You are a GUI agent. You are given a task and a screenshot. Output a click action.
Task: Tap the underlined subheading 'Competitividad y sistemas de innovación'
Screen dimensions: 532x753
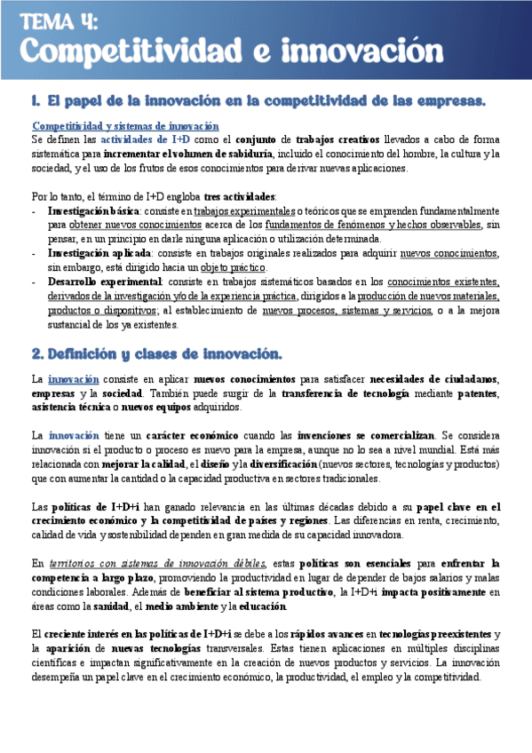[x=125, y=126]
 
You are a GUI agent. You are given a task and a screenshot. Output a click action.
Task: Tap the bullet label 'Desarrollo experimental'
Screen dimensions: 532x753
[x=100, y=281]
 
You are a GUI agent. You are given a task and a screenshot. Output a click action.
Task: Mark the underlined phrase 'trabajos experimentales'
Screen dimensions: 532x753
[x=244, y=211]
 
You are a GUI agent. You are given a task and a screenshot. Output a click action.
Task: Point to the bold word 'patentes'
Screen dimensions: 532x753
[x=478, y=393]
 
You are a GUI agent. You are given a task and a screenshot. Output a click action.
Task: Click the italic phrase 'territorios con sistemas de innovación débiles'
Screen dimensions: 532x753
[x=157, y=564]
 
